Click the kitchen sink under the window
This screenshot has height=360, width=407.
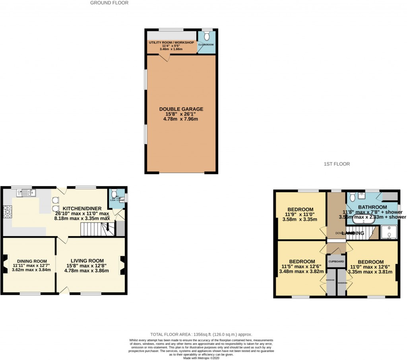coord(26,193)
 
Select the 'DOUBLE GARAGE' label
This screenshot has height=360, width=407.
coord(181,109)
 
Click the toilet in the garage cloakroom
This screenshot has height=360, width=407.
coord(206,36)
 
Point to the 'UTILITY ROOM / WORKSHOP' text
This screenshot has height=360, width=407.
coord(171,43)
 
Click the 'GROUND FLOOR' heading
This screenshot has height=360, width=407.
coord(109,3)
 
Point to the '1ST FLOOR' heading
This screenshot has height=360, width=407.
coord(337,164)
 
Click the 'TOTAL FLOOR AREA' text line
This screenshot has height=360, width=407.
coord(201,335)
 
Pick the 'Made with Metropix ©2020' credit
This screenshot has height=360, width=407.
coord(201,358)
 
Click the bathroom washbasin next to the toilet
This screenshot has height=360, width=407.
coord(362,195)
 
